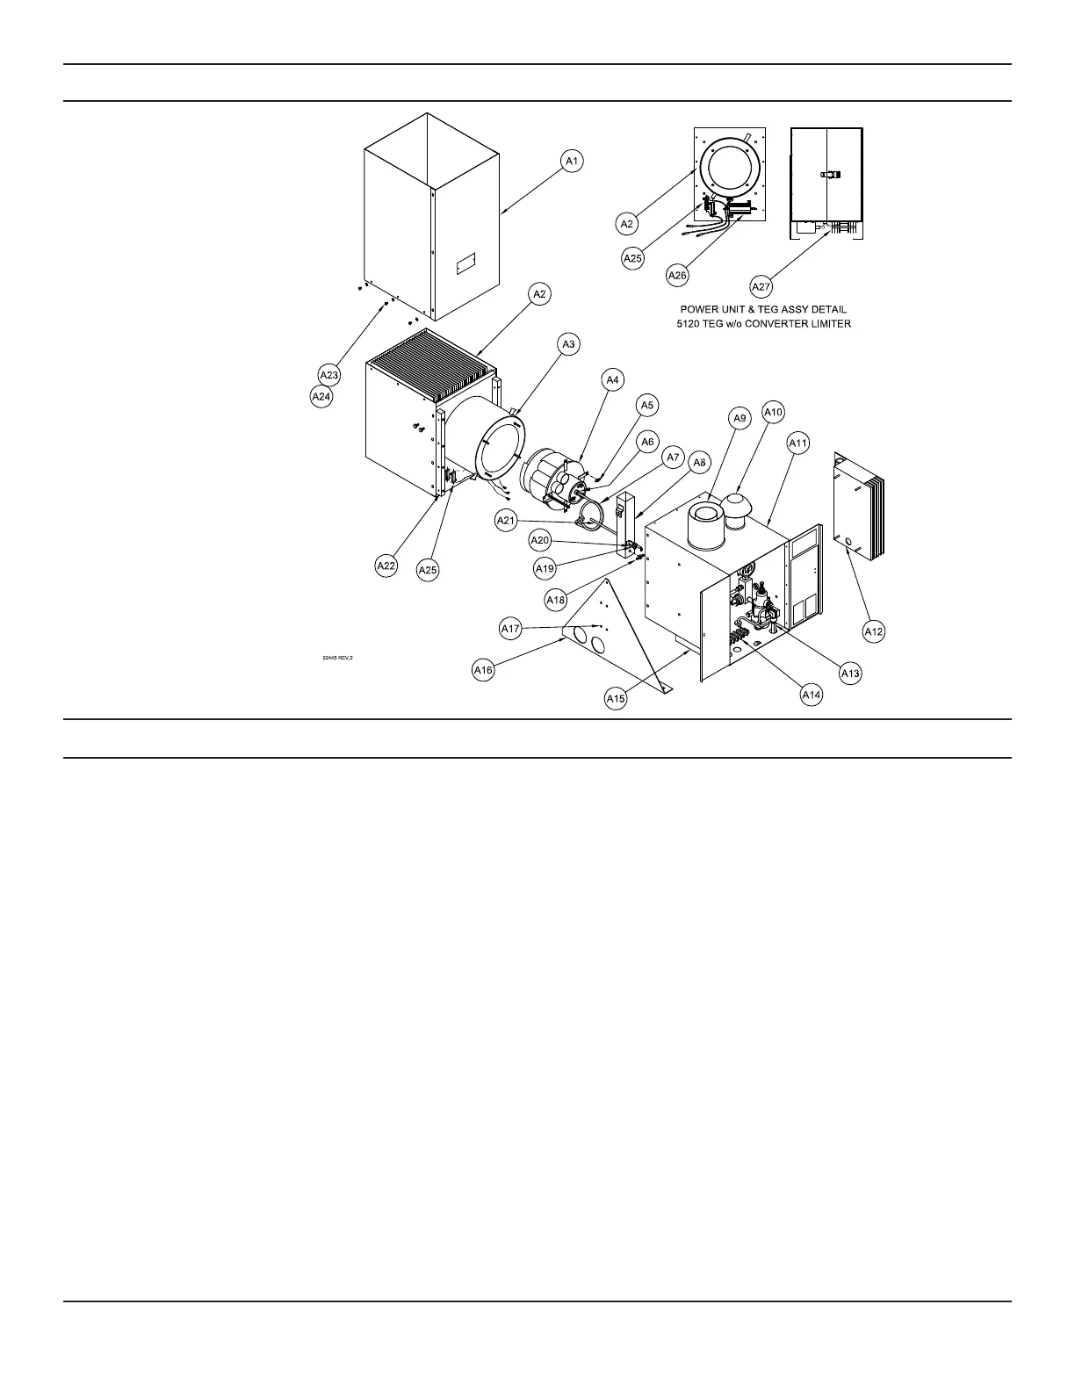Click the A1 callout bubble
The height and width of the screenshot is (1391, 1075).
pyautogui.click(x=572, y=161)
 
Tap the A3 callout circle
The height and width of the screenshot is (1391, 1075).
pyautogui.click(x=568, y=344)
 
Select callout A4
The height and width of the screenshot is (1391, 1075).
pyautogui.click(x=612, y=379)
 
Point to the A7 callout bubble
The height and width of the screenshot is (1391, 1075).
pyautogui.click(x=673, y=458)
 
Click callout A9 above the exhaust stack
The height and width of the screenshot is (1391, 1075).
pyautogui.click(x=740, y=419)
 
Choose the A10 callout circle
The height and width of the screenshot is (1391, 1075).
pyautogui.click(x=773, y=411)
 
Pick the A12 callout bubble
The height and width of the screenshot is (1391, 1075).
pyautogui.click(x=873, y=631)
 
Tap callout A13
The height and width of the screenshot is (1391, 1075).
pyautogui.click(x=850, y=674)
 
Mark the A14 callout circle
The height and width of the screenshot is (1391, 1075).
pyautogui.click(x=812, y=694)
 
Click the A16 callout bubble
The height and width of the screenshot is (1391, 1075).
pyautogui.click(x=483, y=670)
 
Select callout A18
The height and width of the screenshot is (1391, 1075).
pyautogui.click(x=556, y=600)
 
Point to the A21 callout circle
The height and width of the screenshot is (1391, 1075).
pyautogui.click(x=506, y=521)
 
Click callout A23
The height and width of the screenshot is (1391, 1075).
pyautogui.click(x=328, y=375)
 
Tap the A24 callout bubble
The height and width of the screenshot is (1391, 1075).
pyautogui.click(x=321, y=397)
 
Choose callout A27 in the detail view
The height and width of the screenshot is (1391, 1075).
pyautogui.click(x=761, y=285)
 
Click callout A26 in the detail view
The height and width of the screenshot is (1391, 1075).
pyautogui.click(x=677, y=275)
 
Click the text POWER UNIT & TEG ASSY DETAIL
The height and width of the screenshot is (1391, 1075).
pyautogui.click(x=763, y=309)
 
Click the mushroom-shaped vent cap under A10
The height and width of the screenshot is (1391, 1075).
pyautogui.click(x=734, y=506)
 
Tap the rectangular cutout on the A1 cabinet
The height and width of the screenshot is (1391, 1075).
pyautogui.click(x=465, y=263)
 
